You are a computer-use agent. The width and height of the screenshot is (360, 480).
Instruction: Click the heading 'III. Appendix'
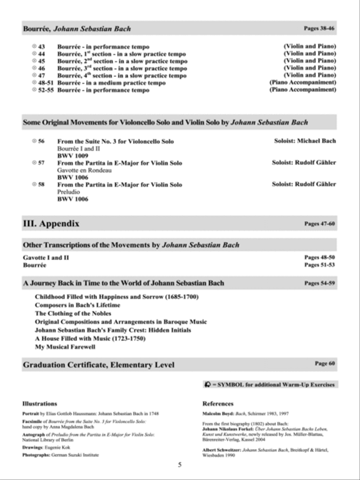(x=51, y=224)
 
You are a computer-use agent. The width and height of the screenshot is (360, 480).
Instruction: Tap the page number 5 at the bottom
(x=180, y=465)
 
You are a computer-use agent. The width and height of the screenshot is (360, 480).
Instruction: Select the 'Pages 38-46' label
(x=319, y=28)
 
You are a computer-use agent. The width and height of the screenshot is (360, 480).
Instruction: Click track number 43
(x=41, y=47)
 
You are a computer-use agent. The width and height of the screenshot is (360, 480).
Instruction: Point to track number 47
(x=41, y=76)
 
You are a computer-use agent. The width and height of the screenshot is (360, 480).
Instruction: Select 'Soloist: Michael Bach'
(x=305, y=141)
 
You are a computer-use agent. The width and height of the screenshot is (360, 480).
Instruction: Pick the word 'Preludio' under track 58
(x=68, y=192)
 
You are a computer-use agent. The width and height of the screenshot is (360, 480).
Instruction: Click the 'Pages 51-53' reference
(x=319, y=265)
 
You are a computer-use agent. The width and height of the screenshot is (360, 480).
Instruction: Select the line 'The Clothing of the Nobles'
(x=73, y=314)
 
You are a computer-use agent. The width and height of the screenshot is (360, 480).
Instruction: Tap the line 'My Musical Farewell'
(x=65, y=347)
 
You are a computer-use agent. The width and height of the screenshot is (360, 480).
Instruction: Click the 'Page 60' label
(x=324, y=364)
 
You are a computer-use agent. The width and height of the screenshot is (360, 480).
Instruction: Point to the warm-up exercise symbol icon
(x=207, y=385)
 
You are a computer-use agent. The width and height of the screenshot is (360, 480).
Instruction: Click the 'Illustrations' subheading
(x=40, y=404)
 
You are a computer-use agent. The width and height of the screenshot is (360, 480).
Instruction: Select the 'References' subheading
(x=218, y=404)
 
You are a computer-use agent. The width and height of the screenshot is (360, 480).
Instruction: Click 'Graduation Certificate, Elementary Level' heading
(x=98, y=365)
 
